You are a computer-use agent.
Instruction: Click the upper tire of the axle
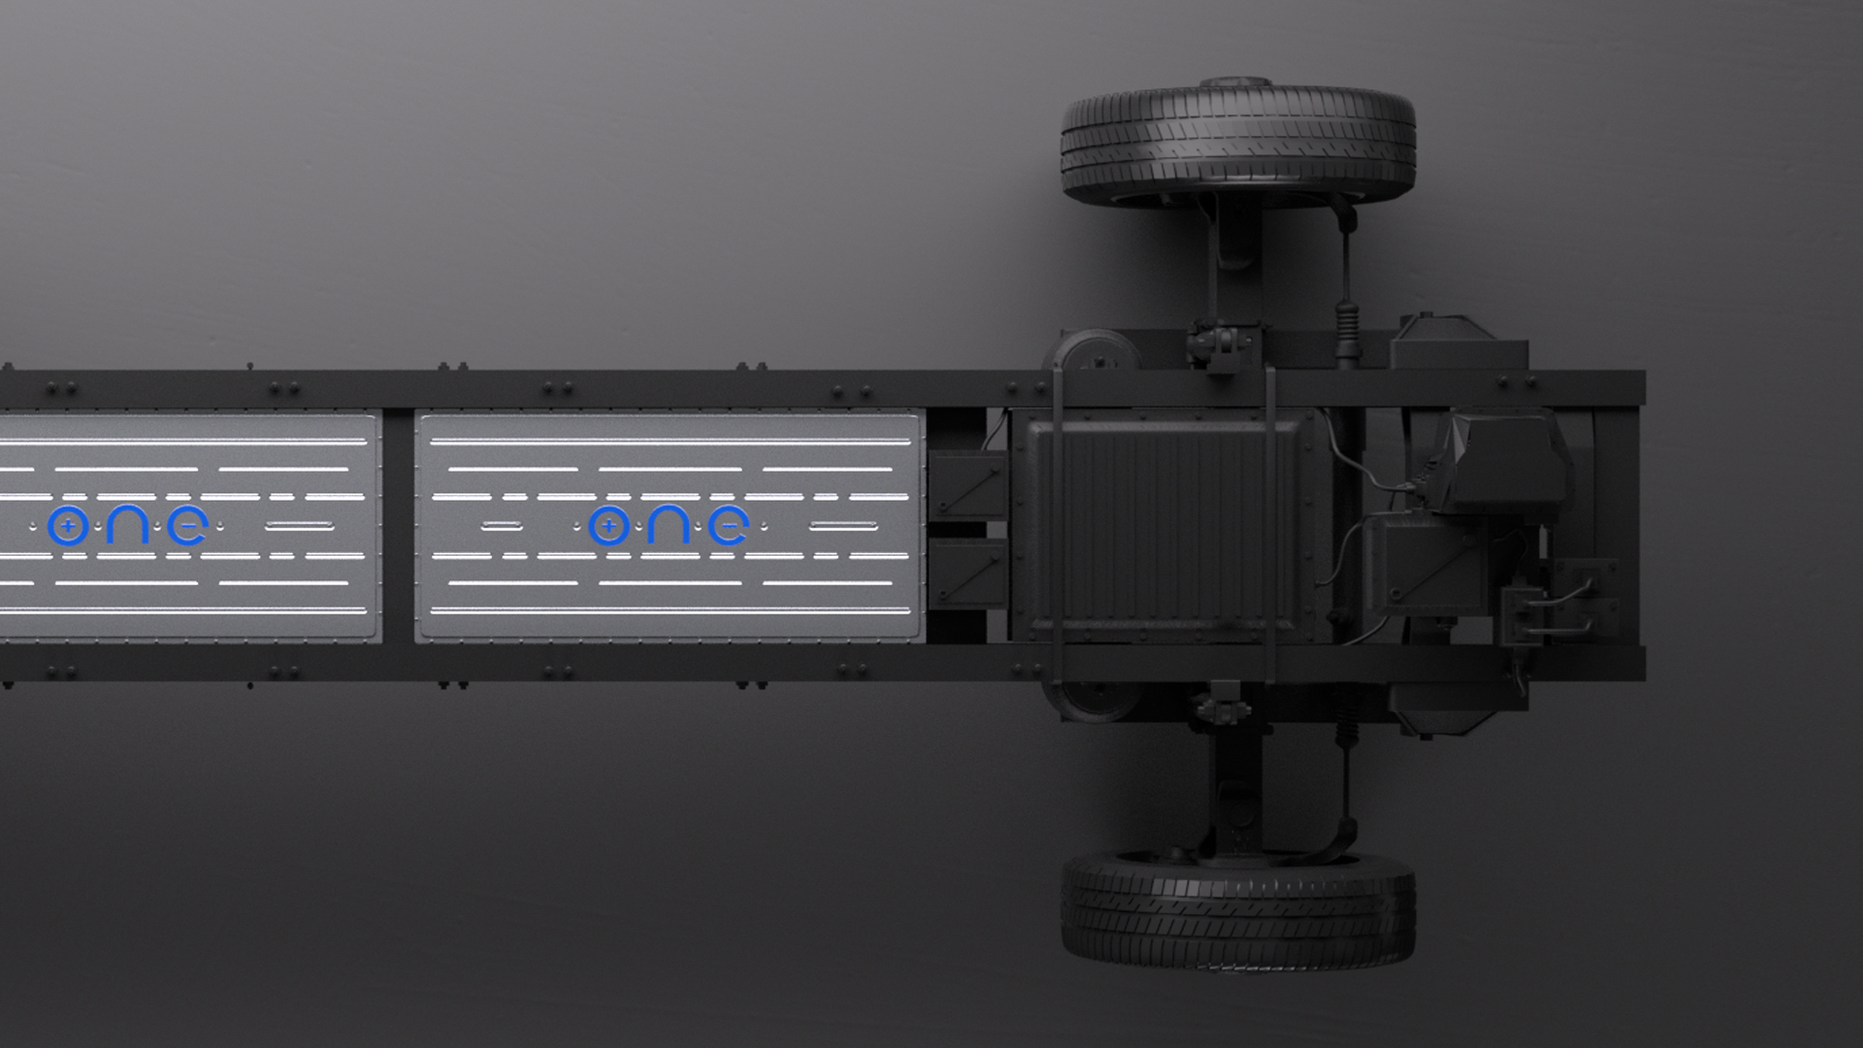[x=1238, y=143]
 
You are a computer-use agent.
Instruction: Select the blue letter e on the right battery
[x=728, y=527]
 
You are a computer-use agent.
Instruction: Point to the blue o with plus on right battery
[x=608, y=527]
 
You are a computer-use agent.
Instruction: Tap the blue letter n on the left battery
[x=127, y=527]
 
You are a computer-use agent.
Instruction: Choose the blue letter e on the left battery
[x=186, y=527]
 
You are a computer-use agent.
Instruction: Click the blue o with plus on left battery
[x=67, y=527]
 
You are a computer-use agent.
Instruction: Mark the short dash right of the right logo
[x=843, y=527]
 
